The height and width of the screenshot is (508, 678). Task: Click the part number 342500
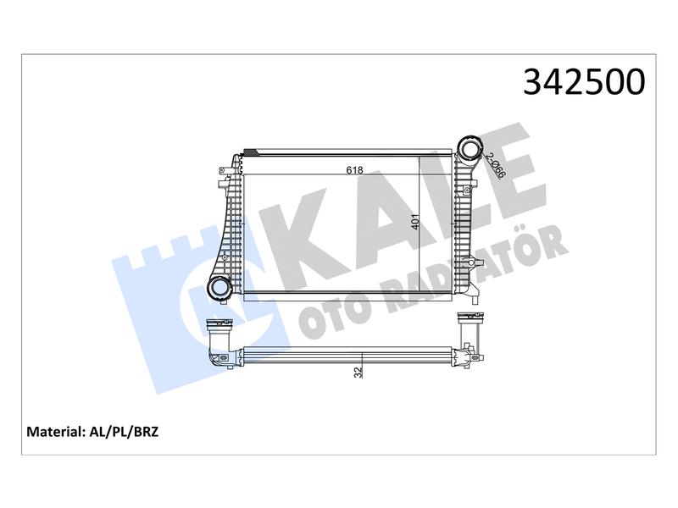click(x=584, y=81)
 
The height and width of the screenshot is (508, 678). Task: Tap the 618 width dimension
click(x=354, y=170)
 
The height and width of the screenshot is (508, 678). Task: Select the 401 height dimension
click(x=415, y=222)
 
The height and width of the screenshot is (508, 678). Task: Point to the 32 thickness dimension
click(x=358, y=373)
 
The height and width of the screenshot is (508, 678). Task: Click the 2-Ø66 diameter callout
click(x=496, y=165)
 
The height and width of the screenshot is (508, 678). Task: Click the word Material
click(x=54, y=432)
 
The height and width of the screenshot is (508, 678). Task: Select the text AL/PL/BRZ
click(x=124, y=432)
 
